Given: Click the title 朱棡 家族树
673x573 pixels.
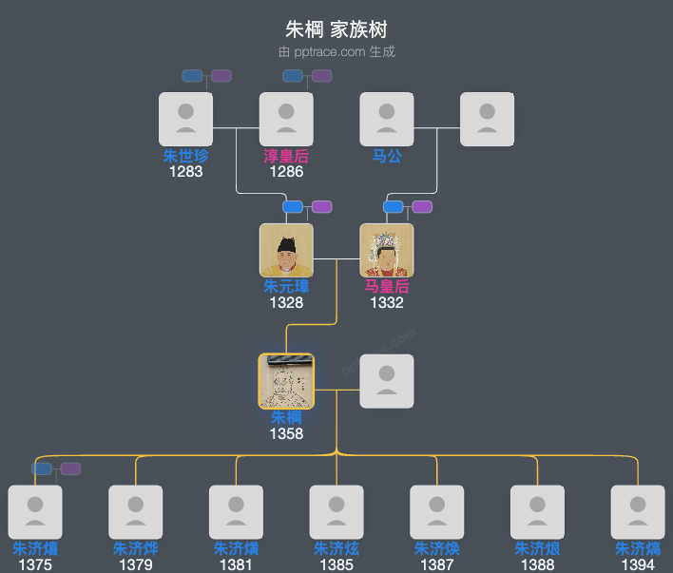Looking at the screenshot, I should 336,29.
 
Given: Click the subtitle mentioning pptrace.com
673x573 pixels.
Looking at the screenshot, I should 336,51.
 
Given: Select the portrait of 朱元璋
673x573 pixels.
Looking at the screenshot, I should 286,250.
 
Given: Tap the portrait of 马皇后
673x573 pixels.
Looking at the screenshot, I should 387,250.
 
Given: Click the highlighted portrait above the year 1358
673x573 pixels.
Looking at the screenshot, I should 286,381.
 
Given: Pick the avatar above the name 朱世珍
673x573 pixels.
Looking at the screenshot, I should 185,119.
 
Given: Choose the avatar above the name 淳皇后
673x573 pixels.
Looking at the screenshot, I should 286,119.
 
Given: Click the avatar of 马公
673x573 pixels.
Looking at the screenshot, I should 387,119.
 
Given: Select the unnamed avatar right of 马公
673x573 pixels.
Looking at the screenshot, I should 488,119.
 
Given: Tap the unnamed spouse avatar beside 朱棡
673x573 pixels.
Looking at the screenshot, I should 387,381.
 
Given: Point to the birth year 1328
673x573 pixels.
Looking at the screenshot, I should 286,303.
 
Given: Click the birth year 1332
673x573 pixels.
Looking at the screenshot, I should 387,303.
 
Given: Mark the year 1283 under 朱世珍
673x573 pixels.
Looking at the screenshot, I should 185,172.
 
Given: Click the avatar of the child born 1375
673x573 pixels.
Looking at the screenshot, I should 35,512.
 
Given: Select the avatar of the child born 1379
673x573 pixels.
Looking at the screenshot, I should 136,512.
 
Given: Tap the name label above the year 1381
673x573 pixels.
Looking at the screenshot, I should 236,549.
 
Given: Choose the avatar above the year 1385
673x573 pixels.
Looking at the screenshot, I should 336,512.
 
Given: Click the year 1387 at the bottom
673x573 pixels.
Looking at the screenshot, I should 437,565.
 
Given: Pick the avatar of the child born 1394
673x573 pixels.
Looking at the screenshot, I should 638,512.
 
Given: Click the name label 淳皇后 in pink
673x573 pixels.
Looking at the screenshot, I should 286,157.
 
